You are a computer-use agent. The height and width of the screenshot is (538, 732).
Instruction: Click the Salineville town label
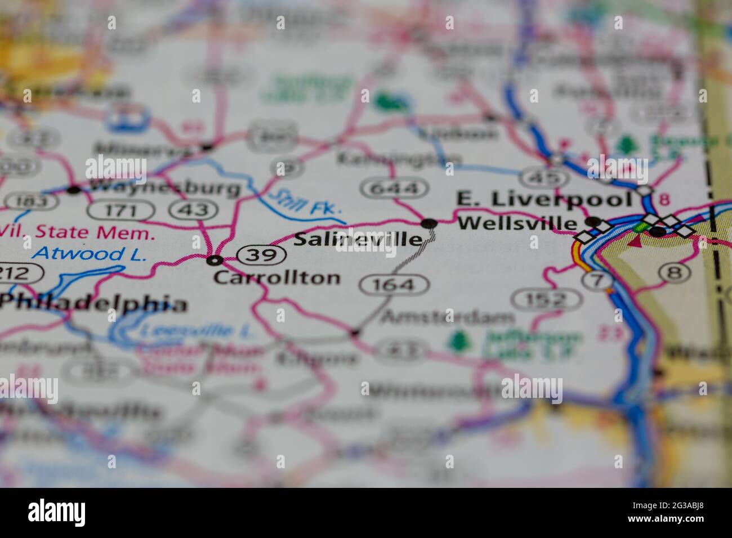pos(358,239)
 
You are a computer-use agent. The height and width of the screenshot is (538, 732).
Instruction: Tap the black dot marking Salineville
pos(430,224)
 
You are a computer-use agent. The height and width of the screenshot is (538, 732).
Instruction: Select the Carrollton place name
pos(277,277)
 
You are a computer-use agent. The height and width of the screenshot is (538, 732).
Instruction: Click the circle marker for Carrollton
pos(214,260)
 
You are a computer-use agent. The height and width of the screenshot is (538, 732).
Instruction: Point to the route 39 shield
pos(261,255)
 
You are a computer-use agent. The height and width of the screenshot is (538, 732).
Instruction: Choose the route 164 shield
pos(394,285)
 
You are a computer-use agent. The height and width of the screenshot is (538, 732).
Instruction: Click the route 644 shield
pos(394,188)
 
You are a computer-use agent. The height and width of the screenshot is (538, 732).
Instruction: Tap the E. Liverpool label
pos(544,199)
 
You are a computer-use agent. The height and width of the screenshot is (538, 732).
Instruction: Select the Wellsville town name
pos(517,223)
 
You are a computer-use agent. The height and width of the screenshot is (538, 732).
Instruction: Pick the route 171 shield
pos(121,210)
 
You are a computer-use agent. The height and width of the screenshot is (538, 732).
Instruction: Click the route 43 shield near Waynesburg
pos(193,210)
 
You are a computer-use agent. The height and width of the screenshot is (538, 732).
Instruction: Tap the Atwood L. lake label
pos(89,254)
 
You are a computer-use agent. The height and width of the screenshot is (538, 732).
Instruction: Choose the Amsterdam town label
pos(448,318)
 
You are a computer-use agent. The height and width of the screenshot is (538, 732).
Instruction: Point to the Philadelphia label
pos(93,304)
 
